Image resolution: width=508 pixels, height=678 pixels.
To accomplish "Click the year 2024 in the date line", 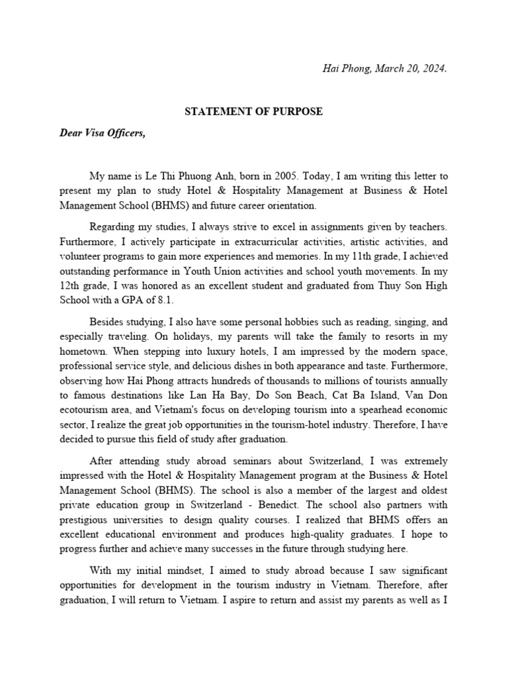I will [435, 68].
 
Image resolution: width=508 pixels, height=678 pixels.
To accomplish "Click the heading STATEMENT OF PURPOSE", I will [253, 111].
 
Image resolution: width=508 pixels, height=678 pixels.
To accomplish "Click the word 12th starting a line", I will [71, 285].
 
